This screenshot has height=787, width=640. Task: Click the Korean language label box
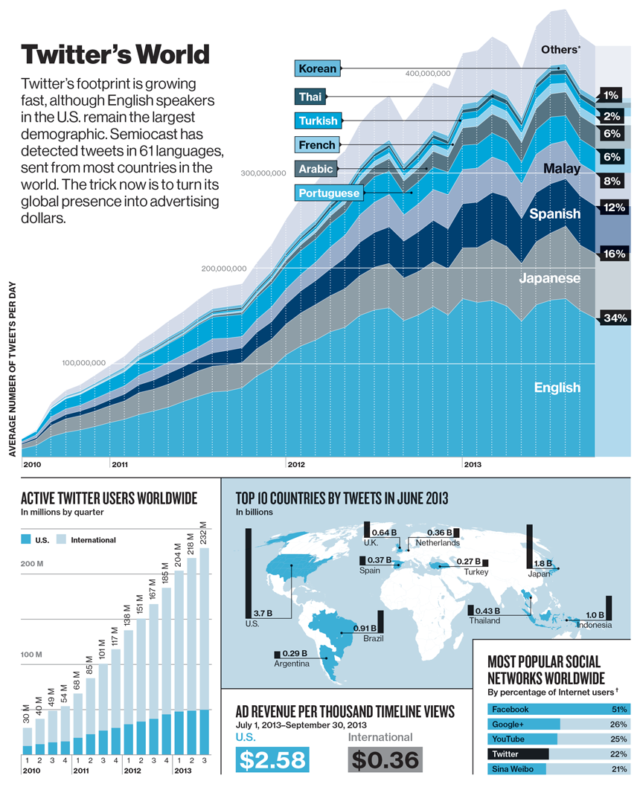318,68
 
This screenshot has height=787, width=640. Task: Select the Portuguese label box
330,193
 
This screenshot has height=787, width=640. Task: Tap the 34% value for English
615,318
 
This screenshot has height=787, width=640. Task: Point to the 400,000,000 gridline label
429,74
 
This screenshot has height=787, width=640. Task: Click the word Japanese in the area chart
550,277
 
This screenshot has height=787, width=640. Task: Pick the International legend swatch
61,539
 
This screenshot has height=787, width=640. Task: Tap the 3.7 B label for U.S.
261,613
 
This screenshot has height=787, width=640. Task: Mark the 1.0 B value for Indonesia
595,615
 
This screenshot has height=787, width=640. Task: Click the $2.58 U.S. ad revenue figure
271,760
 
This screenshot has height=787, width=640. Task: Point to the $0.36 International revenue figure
385,760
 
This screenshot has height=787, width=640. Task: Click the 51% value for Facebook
618,710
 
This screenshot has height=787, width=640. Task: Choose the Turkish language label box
318,121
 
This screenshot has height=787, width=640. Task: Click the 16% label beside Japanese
615,254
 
